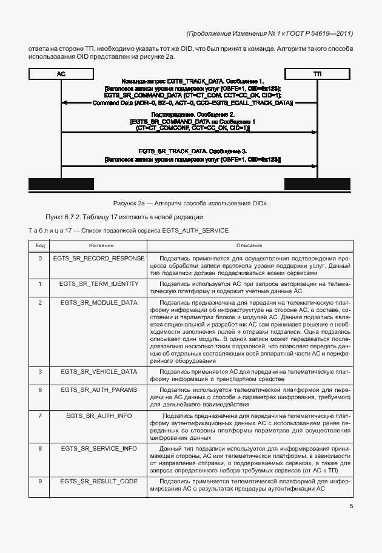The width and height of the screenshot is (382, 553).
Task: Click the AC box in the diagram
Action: click(x=61, y=73)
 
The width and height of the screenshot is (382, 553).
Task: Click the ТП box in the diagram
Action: click(x=317, y=73)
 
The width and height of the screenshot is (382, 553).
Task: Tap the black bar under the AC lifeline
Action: click(x=62, y=184)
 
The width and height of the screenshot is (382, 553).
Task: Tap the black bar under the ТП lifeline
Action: click(x=317, y=184)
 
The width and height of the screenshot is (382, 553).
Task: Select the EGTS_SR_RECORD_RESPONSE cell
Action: click(x=99, y=258)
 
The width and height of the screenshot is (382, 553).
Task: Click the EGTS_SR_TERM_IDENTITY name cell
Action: click(x=99, y=283)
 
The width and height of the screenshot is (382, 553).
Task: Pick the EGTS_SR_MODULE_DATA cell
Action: click(x=99, y=302)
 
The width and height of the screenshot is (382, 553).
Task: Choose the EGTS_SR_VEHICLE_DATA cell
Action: click(x=99, y=371)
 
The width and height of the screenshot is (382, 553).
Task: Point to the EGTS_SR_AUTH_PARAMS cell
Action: click(x=99, y=389)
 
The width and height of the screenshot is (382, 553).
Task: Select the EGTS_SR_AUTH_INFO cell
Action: click(x=99, y=416)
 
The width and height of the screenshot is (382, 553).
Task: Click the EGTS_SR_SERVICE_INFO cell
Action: click(x=99, y=448)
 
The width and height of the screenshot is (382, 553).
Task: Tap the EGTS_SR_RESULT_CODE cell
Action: click(x=99, y=481)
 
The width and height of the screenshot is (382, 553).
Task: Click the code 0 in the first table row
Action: click(x=40, y=258)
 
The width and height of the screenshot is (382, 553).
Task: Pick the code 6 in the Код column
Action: click(x=40, y=389)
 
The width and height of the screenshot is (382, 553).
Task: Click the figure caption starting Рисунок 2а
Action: click(x=190, y=203)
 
